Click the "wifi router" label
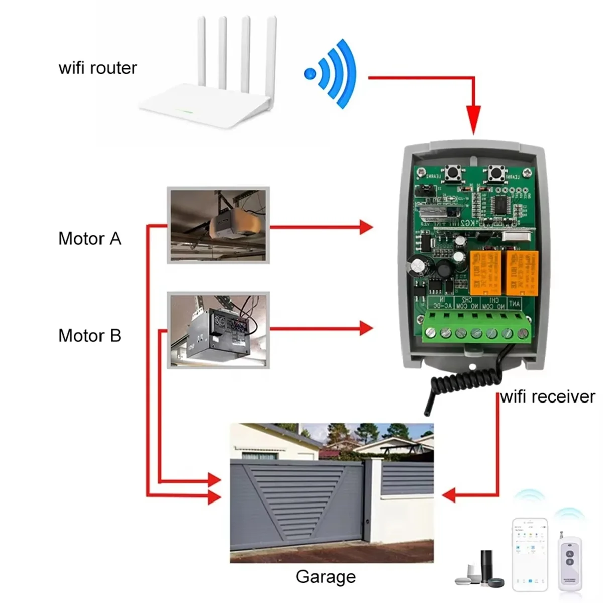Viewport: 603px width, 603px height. [x=97, y=68]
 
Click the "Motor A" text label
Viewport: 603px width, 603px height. [x=89, y=238]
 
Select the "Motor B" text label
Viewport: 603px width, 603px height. [x=89, y=335]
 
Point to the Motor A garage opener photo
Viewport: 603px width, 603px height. [x=218, y=225]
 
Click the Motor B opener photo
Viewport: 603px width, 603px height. [x=218, y=330]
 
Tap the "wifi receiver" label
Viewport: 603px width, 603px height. [x=548, y=396]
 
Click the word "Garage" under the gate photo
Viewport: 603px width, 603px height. [x=326, y=576]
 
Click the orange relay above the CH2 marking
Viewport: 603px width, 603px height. [x=482, y=272]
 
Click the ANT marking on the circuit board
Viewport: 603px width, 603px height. [x=514, y=304]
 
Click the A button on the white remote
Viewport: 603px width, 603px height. [x=570, y=554]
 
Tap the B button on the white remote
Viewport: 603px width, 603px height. [x=570, y=562]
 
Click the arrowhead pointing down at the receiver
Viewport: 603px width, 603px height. [x=473, y=121]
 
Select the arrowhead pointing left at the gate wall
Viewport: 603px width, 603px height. [x=449, y=495]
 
